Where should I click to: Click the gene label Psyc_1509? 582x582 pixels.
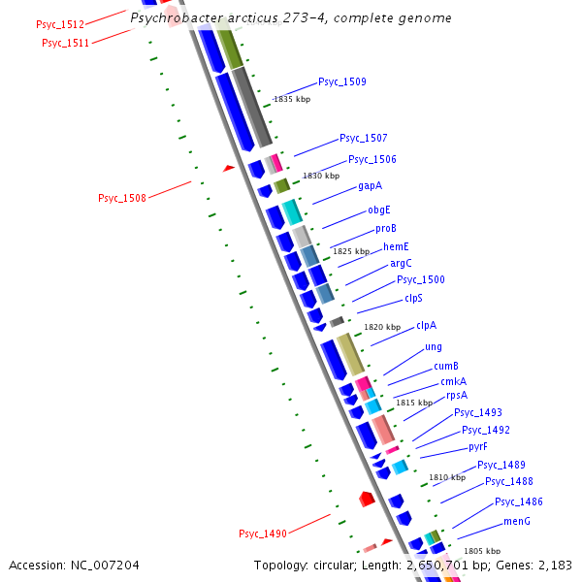(x=342, y=82)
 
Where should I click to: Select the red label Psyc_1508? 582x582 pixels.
(x=122, y=199)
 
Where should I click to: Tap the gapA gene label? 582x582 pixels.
(x=370, y=185)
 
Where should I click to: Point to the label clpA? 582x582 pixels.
(x=426, y=326)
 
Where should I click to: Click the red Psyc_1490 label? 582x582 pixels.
(x=263, y=534)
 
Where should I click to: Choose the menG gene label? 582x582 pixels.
(x=517, y=521)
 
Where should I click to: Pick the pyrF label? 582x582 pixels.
(x=477, y=447)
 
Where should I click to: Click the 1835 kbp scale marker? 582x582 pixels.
(x=292, y=100)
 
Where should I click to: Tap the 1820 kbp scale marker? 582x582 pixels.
(x=381, y=328)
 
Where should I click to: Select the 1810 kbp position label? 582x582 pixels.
(x=447, y=478)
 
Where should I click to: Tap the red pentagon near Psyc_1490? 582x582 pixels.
(x=367, y=499)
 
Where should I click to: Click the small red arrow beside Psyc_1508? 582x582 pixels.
(x=229, y=168)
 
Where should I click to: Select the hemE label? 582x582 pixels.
(x=396, y=246)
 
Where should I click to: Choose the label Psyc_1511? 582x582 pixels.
(x=65, y=43)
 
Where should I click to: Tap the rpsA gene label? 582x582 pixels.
(x=457, y=396)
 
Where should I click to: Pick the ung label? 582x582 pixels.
(x=434, y=347)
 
